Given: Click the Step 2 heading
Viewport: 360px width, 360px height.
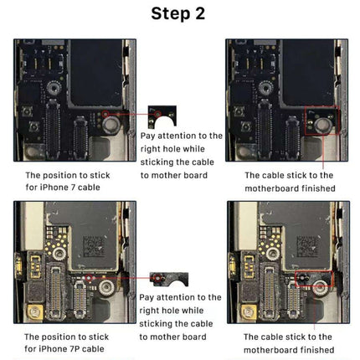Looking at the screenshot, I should click(x=179, y=13).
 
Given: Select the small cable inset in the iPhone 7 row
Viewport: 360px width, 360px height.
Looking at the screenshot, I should click(x=157, y=116).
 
